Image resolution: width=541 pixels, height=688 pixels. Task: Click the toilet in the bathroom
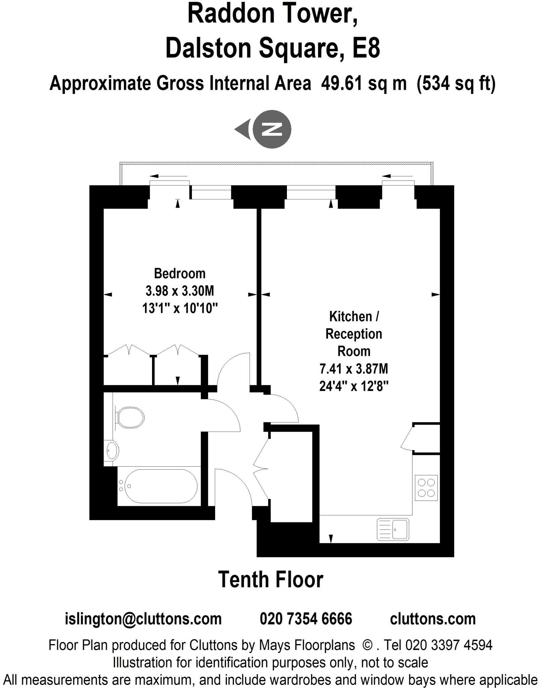(130, 418)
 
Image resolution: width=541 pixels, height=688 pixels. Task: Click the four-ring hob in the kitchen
(426, 488)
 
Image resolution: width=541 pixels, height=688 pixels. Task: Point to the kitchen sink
(393, 529)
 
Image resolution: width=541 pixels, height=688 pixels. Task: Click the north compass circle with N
(272, 129)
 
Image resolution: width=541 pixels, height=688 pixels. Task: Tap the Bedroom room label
(180, 273)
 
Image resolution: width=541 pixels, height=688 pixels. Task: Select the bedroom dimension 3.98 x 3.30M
(180, 291)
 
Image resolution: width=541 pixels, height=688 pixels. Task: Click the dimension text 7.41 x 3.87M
(354, 369)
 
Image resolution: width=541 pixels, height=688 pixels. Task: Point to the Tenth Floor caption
(270, 579)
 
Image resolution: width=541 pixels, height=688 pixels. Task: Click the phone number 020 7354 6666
(306, 618)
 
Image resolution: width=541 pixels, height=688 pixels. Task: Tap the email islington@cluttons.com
(143, 618)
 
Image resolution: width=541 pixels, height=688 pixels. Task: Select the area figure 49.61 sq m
(363, 83)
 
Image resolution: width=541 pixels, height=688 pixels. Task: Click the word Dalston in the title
(208, 48)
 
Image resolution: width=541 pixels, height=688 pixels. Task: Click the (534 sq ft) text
(456, 83)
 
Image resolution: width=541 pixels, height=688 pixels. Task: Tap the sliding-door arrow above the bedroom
(168, 176)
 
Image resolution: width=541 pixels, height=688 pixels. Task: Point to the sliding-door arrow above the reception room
(397, 176)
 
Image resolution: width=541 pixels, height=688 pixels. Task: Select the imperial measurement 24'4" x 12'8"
(354, 386)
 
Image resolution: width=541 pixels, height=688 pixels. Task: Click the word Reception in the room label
(354, 334)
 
